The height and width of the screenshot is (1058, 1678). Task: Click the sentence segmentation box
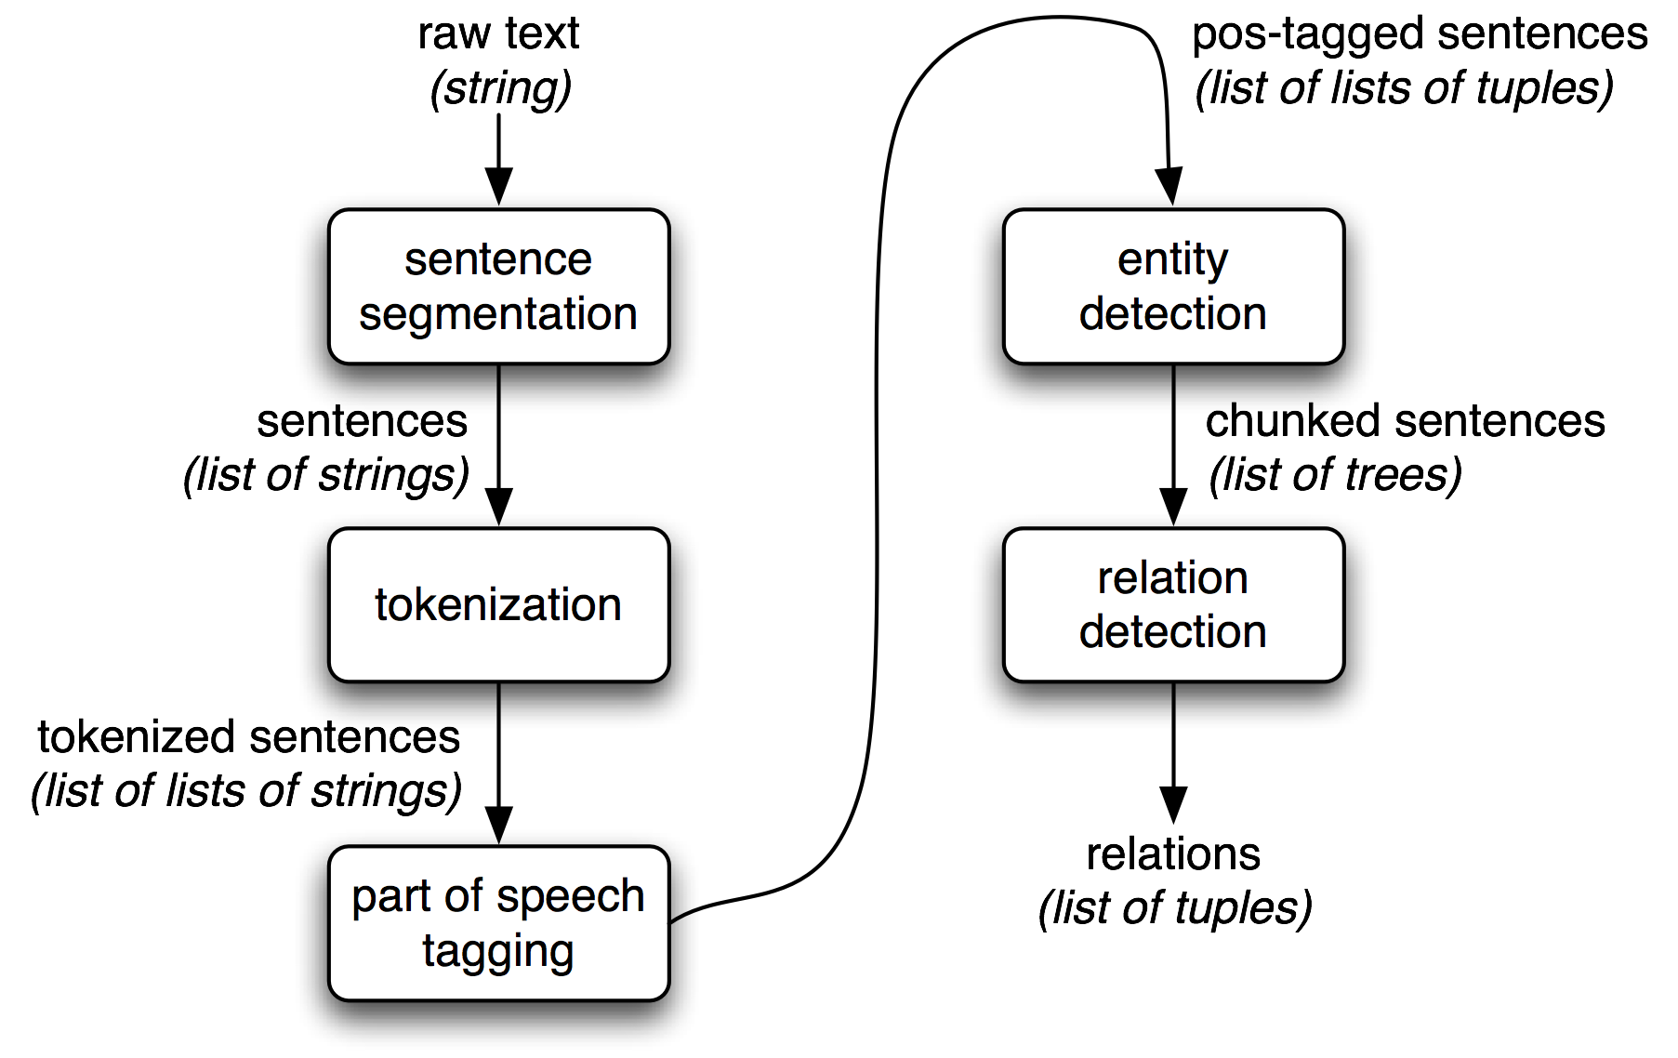pos(498,286)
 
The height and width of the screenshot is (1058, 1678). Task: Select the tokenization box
pos(498,604)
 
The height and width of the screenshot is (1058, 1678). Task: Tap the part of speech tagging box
pos(498,923)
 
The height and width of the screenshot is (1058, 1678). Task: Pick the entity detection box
pos(1173,286)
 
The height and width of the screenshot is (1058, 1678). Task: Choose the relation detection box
pos(1173,604)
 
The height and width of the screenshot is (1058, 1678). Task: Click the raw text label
pos(498,34)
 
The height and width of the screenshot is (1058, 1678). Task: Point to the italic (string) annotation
pos(500,88)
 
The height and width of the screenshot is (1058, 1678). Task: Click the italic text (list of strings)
pos(325,475)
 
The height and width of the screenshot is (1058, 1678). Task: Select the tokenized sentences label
pos(248,737)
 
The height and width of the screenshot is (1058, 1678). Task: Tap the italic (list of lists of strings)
pos(246,791)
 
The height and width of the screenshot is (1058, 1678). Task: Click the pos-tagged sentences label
pos(1420,34)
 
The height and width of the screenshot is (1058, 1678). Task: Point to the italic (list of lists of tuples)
pos(1404,88)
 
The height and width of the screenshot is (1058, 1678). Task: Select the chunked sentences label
pos(1405,421)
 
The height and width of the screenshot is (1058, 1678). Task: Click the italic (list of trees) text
pos(1335,475)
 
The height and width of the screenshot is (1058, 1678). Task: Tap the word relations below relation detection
pos(1173,854)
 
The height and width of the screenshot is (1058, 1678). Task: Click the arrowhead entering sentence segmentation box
pos(499,186)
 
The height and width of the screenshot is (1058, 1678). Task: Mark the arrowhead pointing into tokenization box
pos(499,507)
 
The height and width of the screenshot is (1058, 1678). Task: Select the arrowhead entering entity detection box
pos(1169,186)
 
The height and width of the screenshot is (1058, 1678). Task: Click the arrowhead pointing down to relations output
pos(1173,803)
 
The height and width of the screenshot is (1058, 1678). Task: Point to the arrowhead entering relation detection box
pos(1173,507)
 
